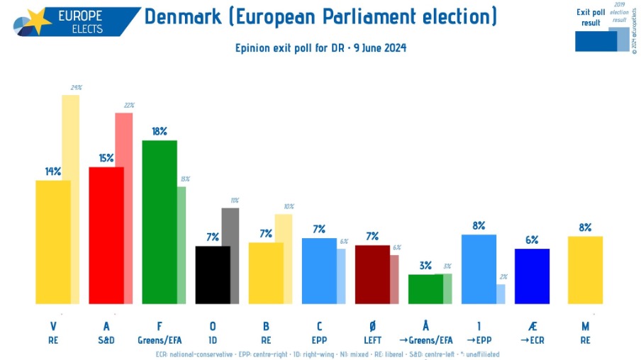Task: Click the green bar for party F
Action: tap(160, 222)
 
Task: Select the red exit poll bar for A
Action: tap(106, 235)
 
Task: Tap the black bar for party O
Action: tap(213, 275)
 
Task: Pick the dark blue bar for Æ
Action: tap(532, 276)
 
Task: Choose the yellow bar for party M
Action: tap(585, 270)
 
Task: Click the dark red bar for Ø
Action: tap(372, 274)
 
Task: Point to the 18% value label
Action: tap(159, 131)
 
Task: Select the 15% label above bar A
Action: tap(106, 158)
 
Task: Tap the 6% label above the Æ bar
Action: tap(532, 240)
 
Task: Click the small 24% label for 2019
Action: tap(76, 88)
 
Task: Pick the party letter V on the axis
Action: tap(53, 326)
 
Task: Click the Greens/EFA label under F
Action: tap(160, 340)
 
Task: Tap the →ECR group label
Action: tap(532, 340)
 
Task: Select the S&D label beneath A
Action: tap(106, 340)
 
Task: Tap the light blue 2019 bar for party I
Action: tap(501, 293)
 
